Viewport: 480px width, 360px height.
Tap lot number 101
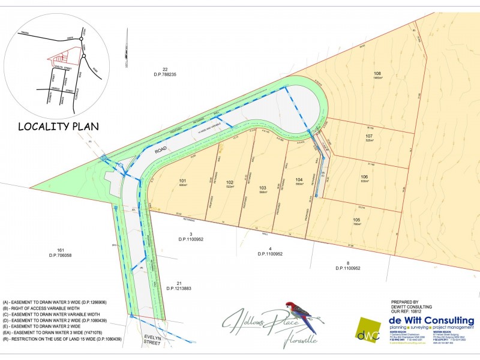(x=183, y=180)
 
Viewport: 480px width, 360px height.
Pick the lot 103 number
(x=262, y=188)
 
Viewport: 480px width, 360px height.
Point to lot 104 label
(x=299, y=179)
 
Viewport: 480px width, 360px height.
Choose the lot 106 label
(x=364, y=176)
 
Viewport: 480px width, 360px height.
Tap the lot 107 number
(x=369, y=136)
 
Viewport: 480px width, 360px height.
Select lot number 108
(x=377, y=74)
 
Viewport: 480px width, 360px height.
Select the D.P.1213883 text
(x=179, y=289)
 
